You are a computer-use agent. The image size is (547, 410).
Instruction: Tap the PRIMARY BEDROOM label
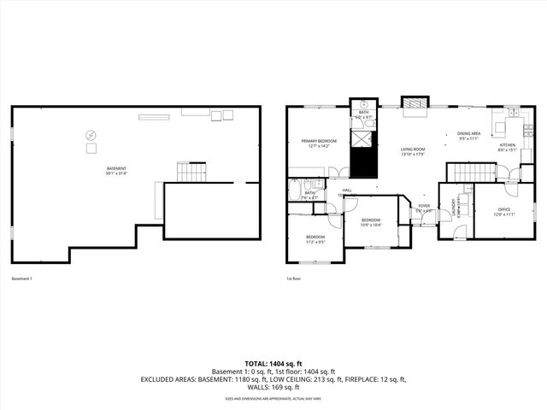click(x=319, y=141)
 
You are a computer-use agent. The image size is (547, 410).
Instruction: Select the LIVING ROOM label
click(x=413, y=149)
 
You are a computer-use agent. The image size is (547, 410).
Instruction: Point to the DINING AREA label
click(x=468, y=133)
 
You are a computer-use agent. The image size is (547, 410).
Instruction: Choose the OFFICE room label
click(x=504, y=210)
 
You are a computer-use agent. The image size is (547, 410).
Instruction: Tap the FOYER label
click(x=423, y=206)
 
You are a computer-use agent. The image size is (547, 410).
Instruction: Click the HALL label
click(x=347, y=190)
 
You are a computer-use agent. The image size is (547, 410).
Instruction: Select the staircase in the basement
click(x=191, y=173)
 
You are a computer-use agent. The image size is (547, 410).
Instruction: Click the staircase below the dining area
click(x=473, y=173)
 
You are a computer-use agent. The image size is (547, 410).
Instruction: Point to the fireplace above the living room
click(x=415, y=104)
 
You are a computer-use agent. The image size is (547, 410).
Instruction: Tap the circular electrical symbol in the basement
click(x=90, y=134)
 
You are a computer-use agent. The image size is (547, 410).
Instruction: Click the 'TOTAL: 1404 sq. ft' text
click(x=273, y=364)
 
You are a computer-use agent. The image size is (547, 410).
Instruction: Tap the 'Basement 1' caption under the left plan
click(x=21, y=278)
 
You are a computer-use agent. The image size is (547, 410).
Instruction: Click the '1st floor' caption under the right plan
click(x=294, y=278)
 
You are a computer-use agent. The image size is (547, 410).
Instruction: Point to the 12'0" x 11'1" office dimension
click(x=504, y=215)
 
